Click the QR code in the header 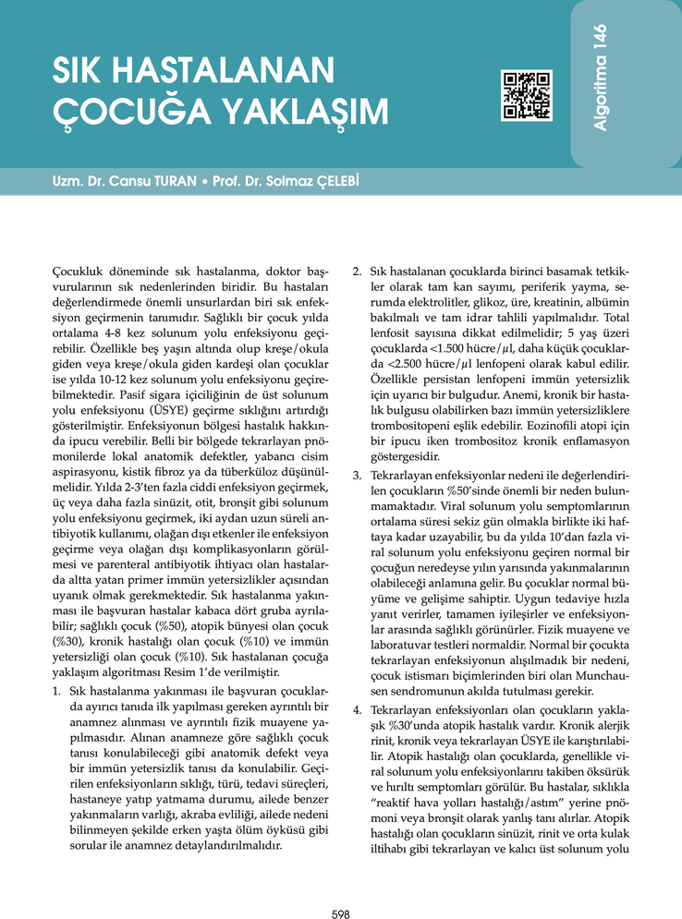[x=526, y=95]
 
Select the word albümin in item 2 [x=606, y=302]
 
